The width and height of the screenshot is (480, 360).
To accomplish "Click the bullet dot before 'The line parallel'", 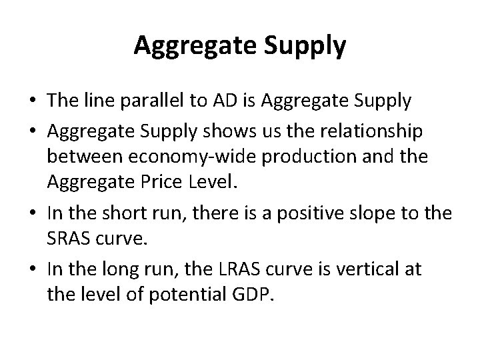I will [x=32, y=103].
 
